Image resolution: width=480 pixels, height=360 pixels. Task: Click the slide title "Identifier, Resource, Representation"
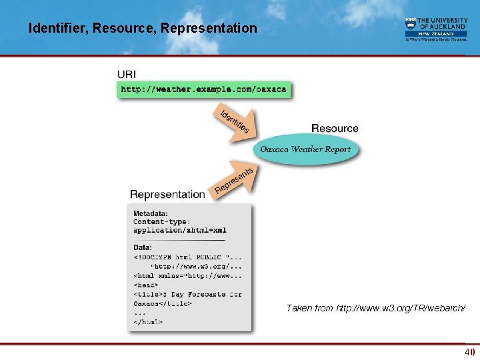tap(143, 28)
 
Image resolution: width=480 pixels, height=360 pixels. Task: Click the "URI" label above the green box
tap(127, 73)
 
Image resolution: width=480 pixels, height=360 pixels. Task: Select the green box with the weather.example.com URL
tap(203, 89)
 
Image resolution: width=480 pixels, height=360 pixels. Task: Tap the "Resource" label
tap(335, 128)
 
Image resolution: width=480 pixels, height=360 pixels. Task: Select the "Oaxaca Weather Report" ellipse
tap(305, 149)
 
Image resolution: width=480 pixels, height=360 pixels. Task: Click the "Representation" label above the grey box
tap(167, 194)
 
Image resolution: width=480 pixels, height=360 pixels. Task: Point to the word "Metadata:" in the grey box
tap(151, 213)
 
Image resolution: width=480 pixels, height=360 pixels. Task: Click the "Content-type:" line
tap(161, 222)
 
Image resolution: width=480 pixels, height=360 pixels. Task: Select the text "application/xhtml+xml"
tap(179, 231)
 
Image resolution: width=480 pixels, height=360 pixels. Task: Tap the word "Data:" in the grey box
tap(143, 247)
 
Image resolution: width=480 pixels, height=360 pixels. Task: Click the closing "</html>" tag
tap(148, 322)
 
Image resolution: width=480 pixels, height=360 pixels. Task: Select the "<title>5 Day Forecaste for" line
tap(187, 294)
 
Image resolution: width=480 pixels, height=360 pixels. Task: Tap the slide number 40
tap(469, 352)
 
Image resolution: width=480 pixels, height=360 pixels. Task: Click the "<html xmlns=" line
tap(187, 275)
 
